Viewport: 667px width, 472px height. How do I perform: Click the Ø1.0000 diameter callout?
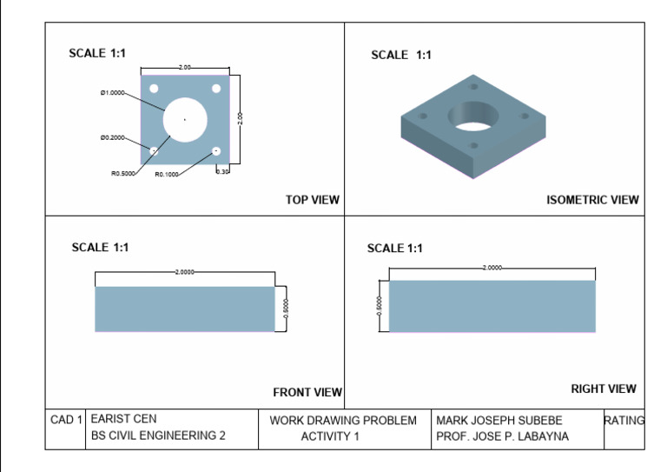click(x=113, y=92)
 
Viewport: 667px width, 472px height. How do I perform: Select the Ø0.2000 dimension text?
click(x=112, y=137)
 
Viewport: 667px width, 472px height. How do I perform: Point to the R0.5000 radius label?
click(x=122, y=174)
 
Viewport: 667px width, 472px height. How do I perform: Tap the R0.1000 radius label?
click(x=167, y=174)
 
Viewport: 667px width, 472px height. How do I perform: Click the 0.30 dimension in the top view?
click(x=222, y=172)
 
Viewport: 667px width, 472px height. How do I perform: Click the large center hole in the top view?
click(x=184, y=119)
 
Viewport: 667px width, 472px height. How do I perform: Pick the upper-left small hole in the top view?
click(x=154, y=89)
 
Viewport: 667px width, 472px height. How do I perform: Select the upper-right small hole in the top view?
click(x=216, y=89)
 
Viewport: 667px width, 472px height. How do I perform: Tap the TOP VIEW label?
click(x=312, y=200)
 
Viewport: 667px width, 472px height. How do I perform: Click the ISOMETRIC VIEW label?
click(x=592, y=200)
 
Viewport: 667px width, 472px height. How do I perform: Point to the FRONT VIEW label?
click(x=307, y=393)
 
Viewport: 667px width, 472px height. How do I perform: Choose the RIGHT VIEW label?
click(x=603, y=389)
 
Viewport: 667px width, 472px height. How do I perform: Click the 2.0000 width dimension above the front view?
click(x=184, y=272)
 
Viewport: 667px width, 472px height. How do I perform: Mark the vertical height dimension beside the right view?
click(x=379, y=306)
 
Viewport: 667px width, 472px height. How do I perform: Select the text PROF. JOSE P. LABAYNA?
click(x=502, y=436)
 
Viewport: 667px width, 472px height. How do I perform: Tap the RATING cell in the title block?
click(x=624, y=420)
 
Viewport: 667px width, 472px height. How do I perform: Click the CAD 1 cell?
click(x=67, y=420)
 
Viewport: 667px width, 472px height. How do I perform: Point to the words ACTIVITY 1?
click(x=329, y=436)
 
